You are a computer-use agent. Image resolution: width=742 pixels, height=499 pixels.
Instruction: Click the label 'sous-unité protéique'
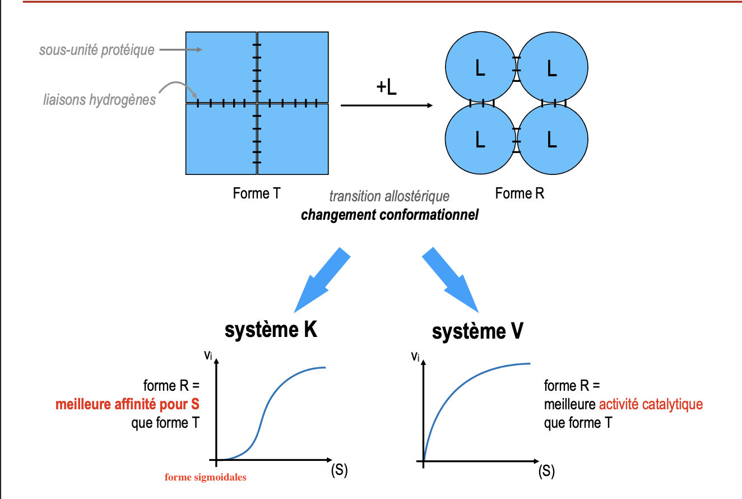click(96, 50)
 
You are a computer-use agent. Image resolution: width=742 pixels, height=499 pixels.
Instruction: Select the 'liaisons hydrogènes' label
click(99, 100)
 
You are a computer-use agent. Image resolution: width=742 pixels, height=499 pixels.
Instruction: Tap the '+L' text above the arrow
click(386, 87)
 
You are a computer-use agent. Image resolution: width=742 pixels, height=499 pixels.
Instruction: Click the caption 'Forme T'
click(256, 194)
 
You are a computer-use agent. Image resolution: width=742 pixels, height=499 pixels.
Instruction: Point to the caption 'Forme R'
click(520, 194)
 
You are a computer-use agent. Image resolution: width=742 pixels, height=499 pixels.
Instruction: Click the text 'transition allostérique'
click(389, 197)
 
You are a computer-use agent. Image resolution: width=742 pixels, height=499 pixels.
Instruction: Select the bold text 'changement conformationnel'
click(389, 215)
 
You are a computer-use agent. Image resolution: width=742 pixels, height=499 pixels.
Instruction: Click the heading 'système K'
click(271, 330)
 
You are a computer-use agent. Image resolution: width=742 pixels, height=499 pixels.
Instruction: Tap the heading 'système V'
click(477, 331)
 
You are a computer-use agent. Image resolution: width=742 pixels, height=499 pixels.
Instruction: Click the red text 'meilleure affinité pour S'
click(127, 404)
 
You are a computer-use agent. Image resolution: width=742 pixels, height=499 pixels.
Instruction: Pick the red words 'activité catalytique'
click(651, 404)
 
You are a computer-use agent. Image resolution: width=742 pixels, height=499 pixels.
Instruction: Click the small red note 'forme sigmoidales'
click(205, 478)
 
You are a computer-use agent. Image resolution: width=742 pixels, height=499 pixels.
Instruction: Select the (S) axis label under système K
click(339, 471)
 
